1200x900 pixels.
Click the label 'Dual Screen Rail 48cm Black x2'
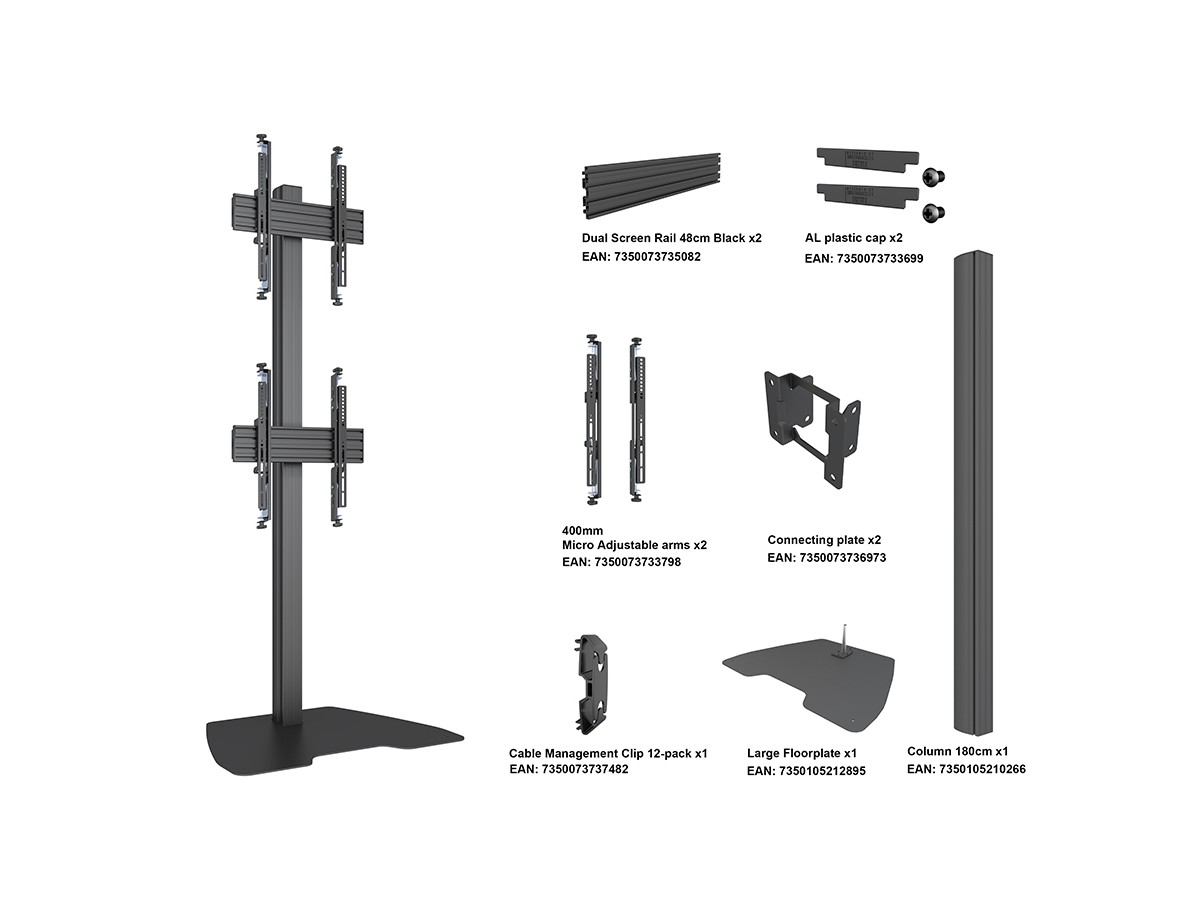click(x=671, y=238)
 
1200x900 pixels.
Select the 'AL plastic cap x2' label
click(x=853, y=238)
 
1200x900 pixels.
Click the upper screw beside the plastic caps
click(x=933, y=177)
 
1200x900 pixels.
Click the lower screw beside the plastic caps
click(x=933, y=213)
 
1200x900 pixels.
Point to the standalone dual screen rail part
click(x=652, y=185)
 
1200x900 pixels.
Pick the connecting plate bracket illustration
click(x=812, y=430)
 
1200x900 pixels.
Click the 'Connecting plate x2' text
click(x=824, y=540)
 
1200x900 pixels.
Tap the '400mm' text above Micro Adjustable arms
click(x=583, y=531)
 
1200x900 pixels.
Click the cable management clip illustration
click(x=592, y=684)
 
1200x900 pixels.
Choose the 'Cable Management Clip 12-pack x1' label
click(x=608, y=754)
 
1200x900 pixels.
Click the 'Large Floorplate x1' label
click(x=802, y=754)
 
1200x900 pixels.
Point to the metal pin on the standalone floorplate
click(x=845, y=638)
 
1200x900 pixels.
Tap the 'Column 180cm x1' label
click(x=958, y=751)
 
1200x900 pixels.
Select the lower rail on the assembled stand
click(x=298, y=444)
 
